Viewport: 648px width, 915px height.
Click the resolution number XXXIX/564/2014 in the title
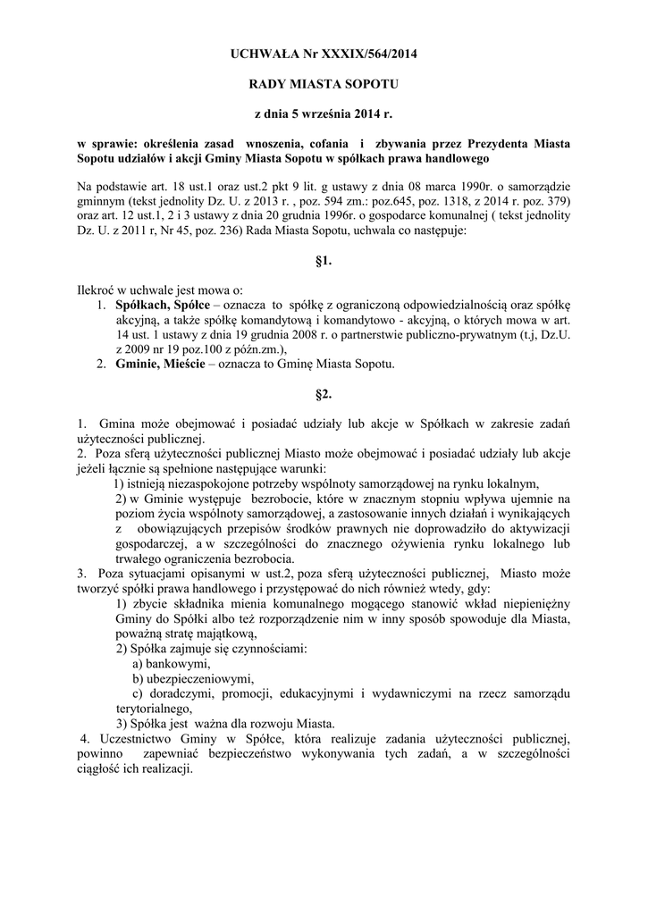pos(366,55)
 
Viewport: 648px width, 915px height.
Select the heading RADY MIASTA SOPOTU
pos(324,84)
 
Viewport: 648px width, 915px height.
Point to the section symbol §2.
pos(324,394)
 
